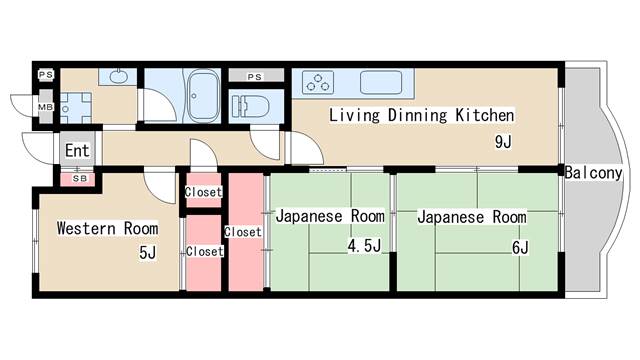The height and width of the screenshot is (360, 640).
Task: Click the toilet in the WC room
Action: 251,107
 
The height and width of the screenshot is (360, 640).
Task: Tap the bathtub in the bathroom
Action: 203,96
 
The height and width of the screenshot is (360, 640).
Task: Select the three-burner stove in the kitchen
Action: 318,82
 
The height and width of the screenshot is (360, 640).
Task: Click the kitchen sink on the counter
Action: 381,82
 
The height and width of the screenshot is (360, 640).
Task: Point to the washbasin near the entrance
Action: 118,76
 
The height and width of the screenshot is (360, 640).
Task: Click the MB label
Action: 45,107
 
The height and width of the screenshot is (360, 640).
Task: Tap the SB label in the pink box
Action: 80,178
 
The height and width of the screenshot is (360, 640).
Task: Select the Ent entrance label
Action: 77,151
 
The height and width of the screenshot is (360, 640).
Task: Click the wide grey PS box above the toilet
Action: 256,76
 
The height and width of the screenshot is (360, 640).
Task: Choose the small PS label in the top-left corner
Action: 46,75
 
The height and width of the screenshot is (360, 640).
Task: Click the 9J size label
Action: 503,142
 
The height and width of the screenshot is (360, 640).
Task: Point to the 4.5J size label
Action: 364,245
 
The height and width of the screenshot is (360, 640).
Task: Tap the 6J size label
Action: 520,247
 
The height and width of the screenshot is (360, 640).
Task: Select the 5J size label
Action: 147,252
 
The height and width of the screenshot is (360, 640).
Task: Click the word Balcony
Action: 593,173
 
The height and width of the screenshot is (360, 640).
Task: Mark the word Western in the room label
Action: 86,228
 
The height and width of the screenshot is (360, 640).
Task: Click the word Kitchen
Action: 484,115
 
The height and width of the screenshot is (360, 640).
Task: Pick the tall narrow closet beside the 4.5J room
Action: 245,232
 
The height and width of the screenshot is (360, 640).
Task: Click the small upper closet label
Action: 203,192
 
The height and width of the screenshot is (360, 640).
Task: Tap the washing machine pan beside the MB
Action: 76,108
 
